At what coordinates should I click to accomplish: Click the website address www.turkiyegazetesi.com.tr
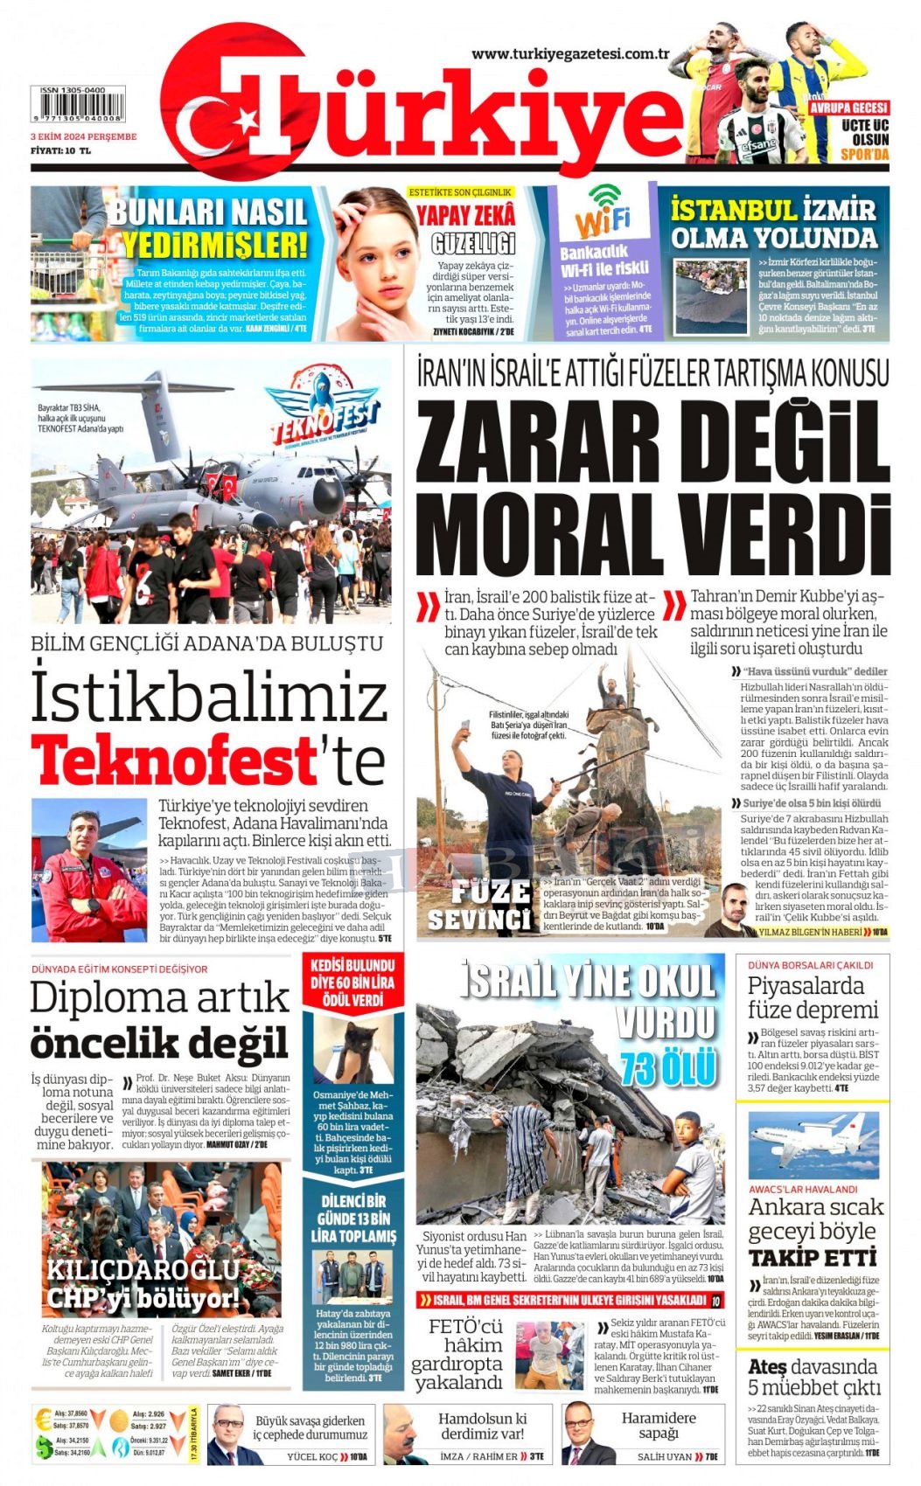click(x=570, y=54)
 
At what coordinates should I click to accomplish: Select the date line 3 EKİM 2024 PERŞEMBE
click(x=84, y=137)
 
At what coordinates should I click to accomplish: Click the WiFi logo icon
click(x=603, y=211)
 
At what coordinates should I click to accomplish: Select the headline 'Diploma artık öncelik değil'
click(x=160, y=1019)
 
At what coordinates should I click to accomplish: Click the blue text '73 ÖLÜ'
click(x=669, y=1068)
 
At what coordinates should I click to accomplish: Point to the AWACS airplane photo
click(x=813, y=1146)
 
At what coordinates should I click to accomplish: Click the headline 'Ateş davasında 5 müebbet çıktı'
click(x=813, y=1378)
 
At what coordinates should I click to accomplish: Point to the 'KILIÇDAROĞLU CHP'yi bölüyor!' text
click(x=143, y=1284)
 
